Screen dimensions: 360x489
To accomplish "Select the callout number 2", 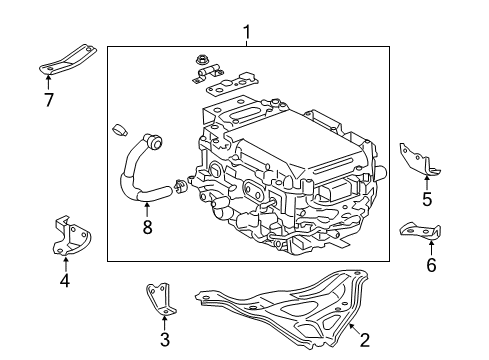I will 365,340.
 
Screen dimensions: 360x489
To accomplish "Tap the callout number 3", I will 164,339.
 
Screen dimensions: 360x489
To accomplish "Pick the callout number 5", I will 427,199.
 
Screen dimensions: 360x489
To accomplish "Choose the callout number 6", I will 431,264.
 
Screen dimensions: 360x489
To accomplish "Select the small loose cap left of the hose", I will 119,130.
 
